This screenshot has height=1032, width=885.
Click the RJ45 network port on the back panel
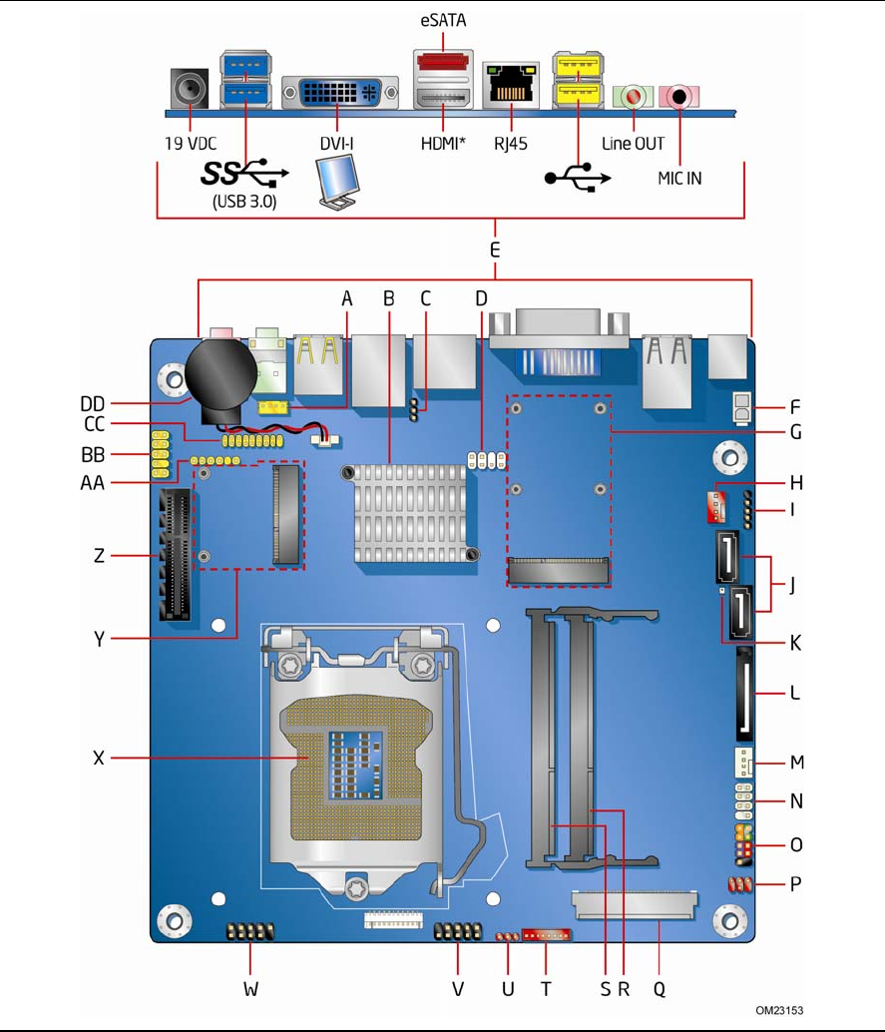(511, 88)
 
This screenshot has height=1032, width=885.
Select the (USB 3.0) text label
(244, 201)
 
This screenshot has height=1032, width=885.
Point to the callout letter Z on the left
(99, 556)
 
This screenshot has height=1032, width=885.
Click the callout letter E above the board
(495, 251)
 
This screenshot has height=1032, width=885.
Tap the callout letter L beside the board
(795, 691)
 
